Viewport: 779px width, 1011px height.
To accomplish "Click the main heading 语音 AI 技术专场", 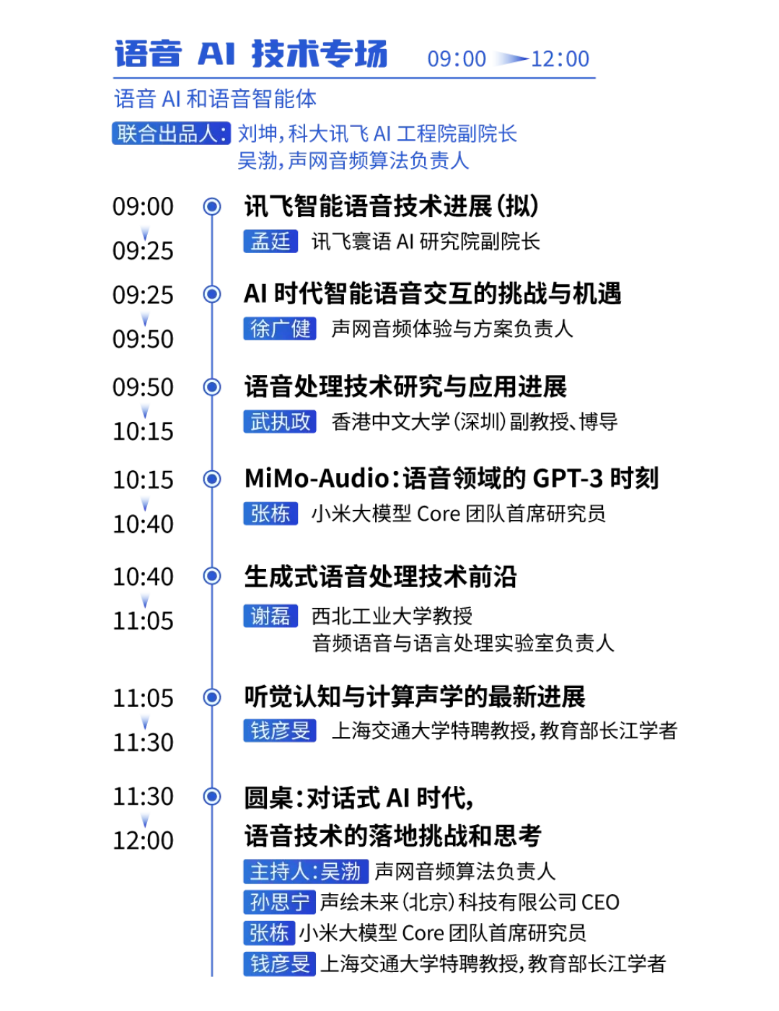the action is pyautogui.click(x=250, y=54).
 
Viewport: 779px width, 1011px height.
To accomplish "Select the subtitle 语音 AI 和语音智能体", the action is pyautogui.click(x=215, y=99).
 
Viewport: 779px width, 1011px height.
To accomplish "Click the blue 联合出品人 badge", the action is pyautogui.click(x=171, y=133).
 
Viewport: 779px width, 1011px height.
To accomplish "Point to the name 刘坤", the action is pyautogui.click(x=258, y=133).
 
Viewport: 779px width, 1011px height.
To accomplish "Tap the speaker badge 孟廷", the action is pyautogui.click(x=270, y=242).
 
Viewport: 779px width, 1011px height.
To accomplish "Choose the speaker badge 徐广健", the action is pyautogui.click(x=280, y=329).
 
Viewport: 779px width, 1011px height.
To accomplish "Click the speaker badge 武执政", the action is pyautogui.click(x=280, y=422).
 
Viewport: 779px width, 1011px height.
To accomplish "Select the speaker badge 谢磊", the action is pyautogui.click(x=270, y=616).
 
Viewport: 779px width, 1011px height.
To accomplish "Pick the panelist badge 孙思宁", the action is pyautogui.click(x=279, y=902).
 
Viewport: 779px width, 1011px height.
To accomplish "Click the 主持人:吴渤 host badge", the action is pyautogui.click(x=306, y=871).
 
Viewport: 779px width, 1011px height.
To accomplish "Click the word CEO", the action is pyautogui.click(x=600, y=902).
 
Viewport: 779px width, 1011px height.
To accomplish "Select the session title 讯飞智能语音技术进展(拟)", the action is pyautogui.click(x=392, y=206).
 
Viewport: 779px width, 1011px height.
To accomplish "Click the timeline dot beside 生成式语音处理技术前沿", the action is pyautogui.click(x=212, y=576).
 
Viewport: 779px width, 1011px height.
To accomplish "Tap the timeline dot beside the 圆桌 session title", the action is pyautogui.click(x=212, y=796).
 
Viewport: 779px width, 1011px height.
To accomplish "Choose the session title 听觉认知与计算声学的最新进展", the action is pyautogui.click(x=415, y=697).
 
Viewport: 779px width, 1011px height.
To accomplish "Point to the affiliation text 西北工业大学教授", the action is pyautogui.click(x=392, y=616).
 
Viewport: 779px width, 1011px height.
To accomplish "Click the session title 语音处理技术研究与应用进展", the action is pyautogui.click(x=406, y=387).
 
